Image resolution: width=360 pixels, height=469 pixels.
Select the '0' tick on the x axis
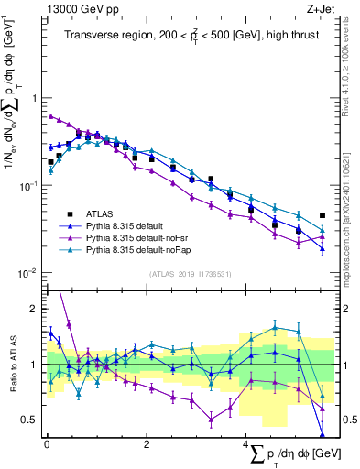click(47, 443)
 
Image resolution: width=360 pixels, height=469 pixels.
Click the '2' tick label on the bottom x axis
click(147, 443)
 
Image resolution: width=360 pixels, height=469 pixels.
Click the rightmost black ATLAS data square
click(322, 216)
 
